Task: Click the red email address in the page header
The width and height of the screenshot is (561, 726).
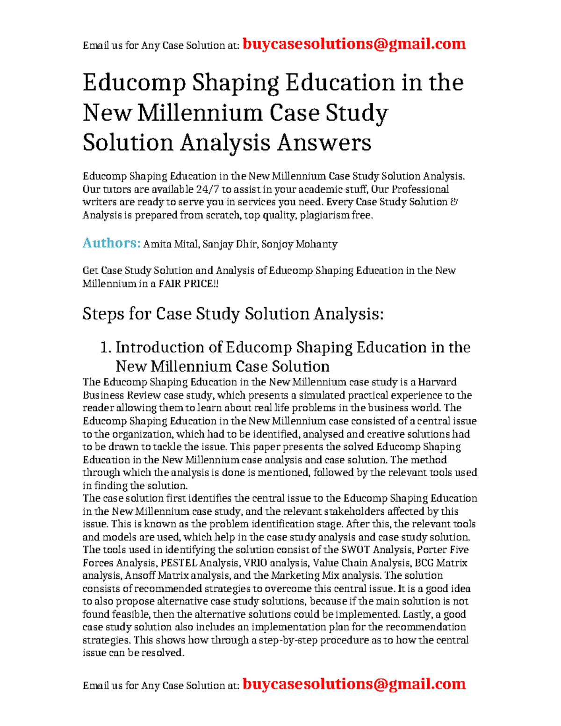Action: (354, 44)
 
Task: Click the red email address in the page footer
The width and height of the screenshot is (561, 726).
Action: (354, 684)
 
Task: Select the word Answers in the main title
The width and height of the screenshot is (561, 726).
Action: (324, 143)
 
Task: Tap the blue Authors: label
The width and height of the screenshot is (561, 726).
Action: (111, 243)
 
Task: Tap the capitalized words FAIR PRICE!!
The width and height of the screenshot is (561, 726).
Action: (188, 284)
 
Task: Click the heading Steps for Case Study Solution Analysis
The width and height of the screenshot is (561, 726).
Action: (233, 314)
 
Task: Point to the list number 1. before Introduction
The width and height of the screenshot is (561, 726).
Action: (106, 347)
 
